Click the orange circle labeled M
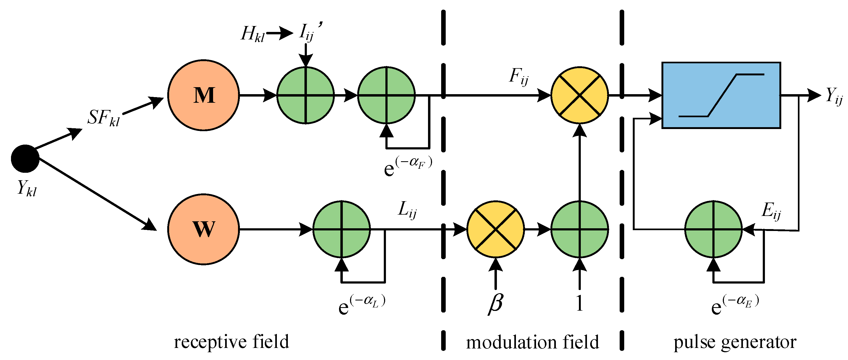[x=203, y=95]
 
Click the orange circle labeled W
[x=203, y=229]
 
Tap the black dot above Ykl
[x=25, y=159]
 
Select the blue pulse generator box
[x=721, y=95]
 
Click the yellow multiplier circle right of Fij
[x=579, y=95]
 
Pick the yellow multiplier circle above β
[x=496, y=229]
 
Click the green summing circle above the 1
[x=579, y=229]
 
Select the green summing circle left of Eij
[x=713, y=229]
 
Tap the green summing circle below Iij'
[x=306, y=95]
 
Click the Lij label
[x=407, y=210]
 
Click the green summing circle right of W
[x=342, y=229]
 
